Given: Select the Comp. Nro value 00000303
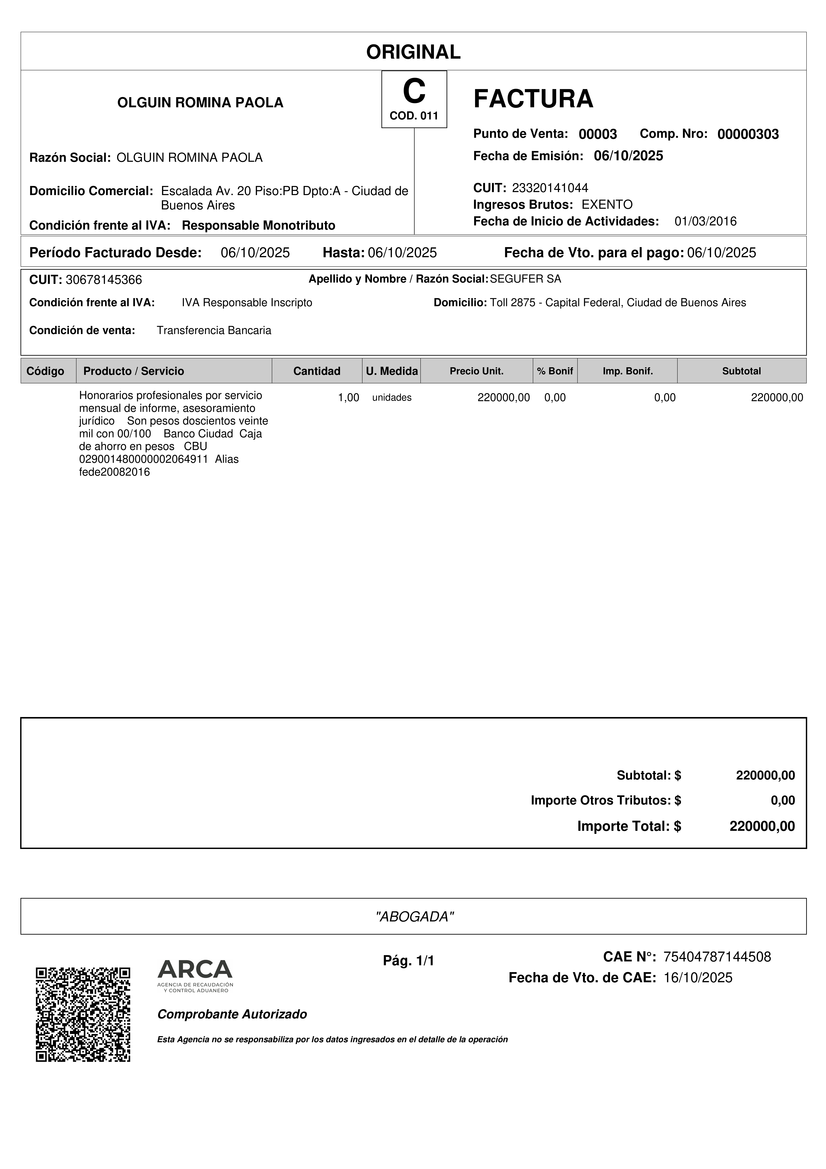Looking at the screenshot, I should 748,134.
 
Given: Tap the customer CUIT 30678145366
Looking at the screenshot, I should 104,280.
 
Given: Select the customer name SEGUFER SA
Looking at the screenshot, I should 525,279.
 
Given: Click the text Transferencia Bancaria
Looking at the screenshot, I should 214,330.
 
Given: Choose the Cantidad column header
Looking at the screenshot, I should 316,371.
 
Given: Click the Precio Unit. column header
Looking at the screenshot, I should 476,371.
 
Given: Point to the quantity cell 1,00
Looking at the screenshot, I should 349,398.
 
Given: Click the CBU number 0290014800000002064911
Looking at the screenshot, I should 144,459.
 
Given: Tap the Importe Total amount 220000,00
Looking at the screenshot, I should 762,826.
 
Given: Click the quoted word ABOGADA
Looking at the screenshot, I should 414,917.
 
